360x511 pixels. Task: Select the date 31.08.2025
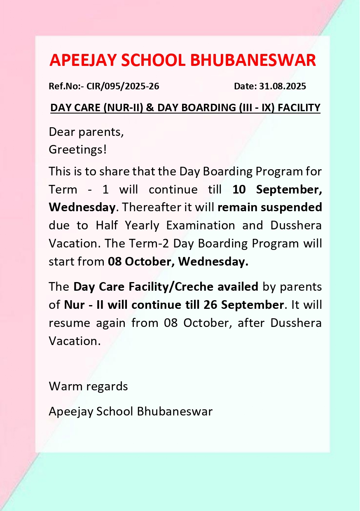[x=283, y=86]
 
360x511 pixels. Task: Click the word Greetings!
[x=77, y=149]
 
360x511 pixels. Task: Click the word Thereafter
[x=138, y=207]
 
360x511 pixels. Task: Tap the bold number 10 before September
[x=239, y=189]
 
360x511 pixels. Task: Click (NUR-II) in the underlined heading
[x=124, y=108]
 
